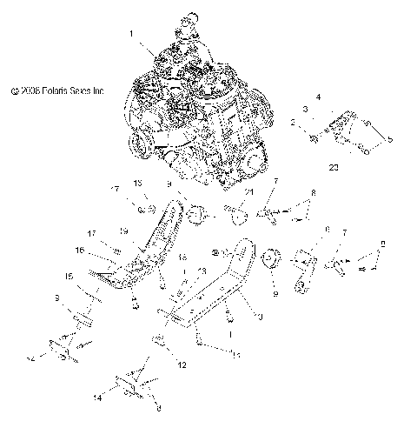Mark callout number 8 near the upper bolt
(314, 191)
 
